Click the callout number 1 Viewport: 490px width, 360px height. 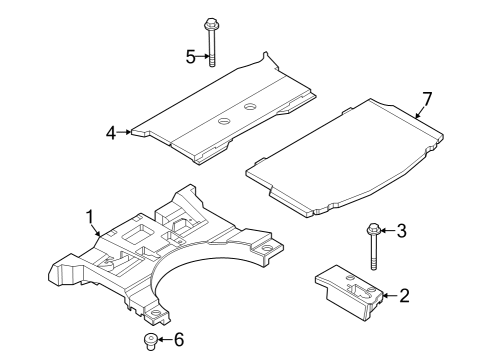pos(90,215)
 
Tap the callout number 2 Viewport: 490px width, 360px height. pos(404,295)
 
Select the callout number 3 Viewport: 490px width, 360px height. pos(401,232)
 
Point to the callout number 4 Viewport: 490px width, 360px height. pos(111,130)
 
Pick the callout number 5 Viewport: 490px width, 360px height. pos(191,56)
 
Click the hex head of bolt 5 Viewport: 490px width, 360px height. pos(212,24)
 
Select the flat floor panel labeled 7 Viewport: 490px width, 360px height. pos(345,155)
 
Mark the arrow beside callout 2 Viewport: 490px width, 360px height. pos(389,295)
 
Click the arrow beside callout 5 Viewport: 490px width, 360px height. pos(203,56)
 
